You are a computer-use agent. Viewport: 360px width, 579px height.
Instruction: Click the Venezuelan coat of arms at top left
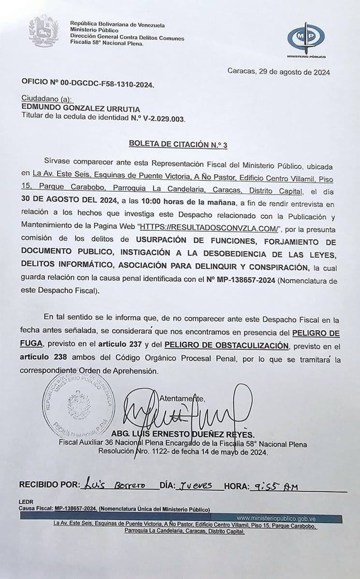(43, 31)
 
